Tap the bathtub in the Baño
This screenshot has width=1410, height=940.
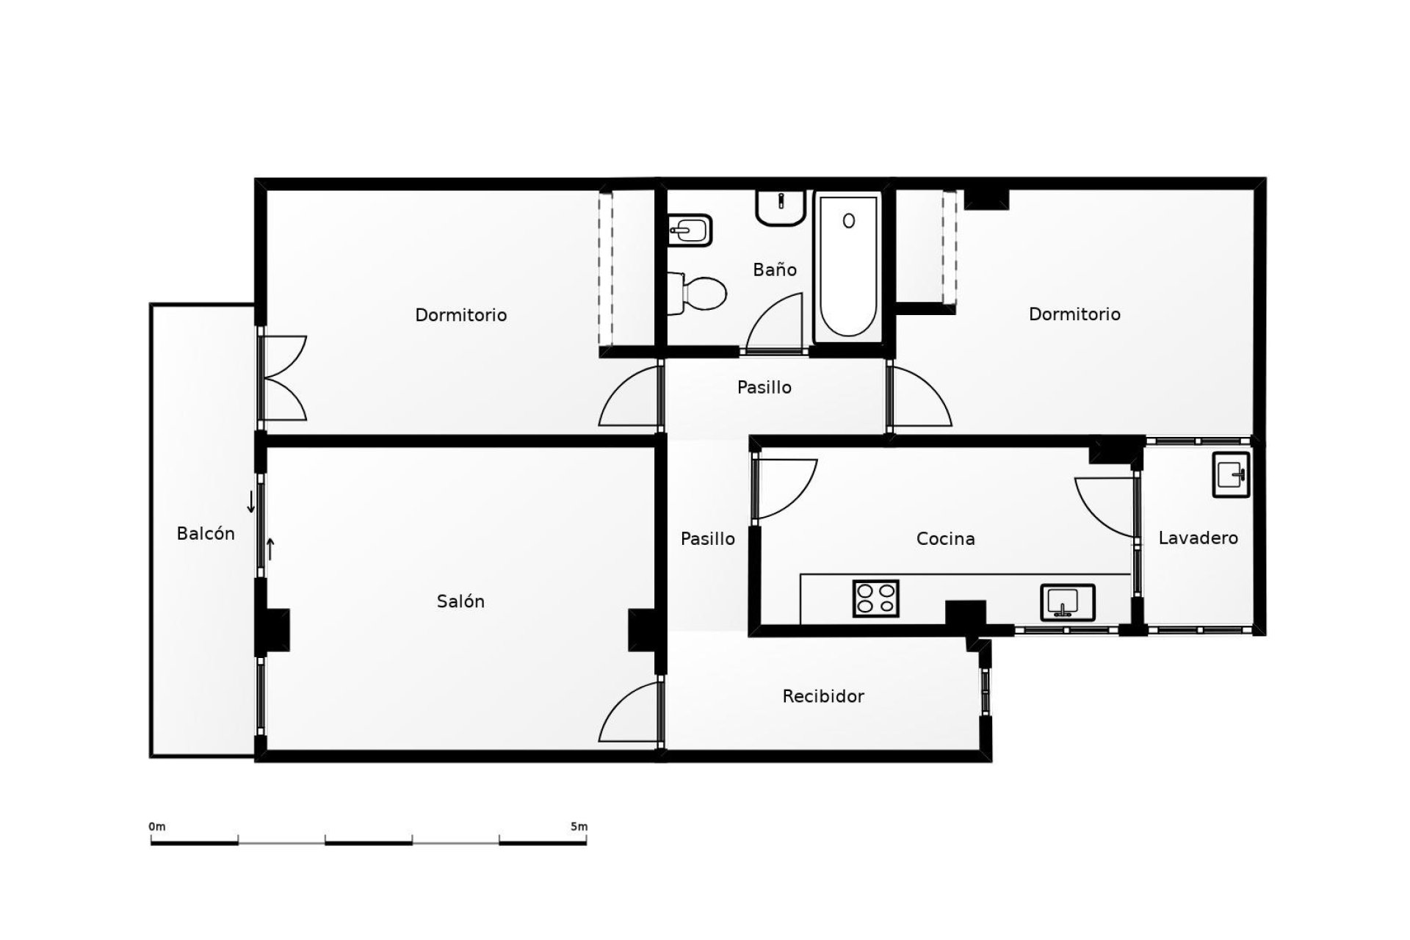[x=848, y=268]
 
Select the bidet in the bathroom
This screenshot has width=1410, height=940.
[x=690, y=231]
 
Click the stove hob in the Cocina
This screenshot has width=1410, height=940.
[x=876, y=598]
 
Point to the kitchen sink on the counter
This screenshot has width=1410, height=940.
[x=1067, y=601]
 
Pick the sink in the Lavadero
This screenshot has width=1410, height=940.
[x=1231, y=474]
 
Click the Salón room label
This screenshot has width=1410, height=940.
[x=460, y=601]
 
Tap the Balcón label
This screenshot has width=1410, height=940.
[x=206, y=534]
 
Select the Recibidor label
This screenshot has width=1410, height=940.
[x=823, y=696]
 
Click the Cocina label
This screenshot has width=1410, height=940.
[x=945, y=539]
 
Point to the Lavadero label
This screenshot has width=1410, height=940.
[x=1198, y=538]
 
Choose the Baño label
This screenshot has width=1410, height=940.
[x=775, y=270]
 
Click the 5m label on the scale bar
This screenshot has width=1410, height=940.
[x=579, y=827]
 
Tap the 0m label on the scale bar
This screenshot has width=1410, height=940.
[x=157, y=827]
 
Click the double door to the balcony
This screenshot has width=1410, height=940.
[x=283, y=378]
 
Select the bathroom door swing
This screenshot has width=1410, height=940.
[x=777, y=323]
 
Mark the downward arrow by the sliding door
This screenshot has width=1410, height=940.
[x=251, y=502]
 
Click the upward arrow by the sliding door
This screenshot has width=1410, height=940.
[x=270, y=549]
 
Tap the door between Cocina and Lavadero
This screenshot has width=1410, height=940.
[x=1106, y=507]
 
